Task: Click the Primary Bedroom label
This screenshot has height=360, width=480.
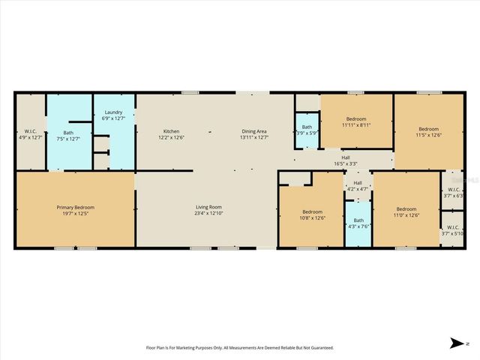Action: click(x=76, y=208)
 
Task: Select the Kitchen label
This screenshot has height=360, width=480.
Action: click(x=172, y=131)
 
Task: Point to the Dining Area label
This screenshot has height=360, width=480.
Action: click(x=253, y=131)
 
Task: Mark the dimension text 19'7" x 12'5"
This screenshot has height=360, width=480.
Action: click(x=76, y=214)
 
